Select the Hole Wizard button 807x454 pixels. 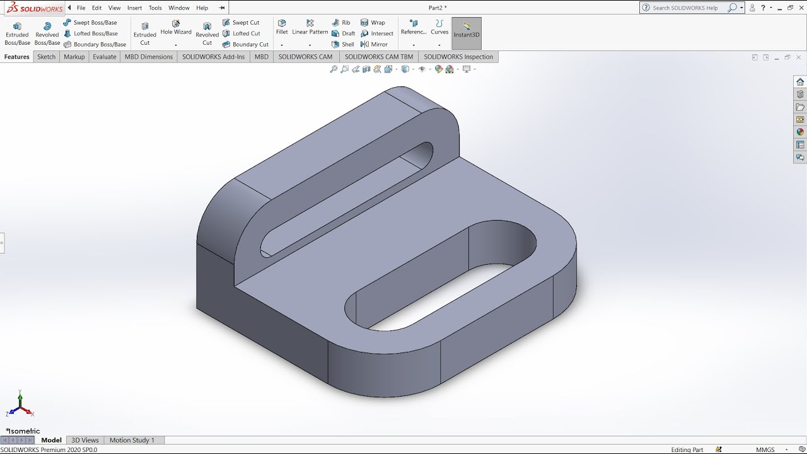coord(176,28)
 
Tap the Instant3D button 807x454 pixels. coord(467,31)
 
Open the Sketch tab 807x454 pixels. coord(46,57)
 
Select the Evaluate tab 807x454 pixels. coord(105,57)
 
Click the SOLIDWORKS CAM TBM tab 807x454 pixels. coord(379,57)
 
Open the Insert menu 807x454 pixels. coord(134,8)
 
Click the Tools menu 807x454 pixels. coord(155,8)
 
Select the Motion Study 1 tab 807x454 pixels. coord(132,440)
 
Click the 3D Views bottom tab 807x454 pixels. coord(85,440)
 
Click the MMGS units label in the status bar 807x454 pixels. coord(765,450)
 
